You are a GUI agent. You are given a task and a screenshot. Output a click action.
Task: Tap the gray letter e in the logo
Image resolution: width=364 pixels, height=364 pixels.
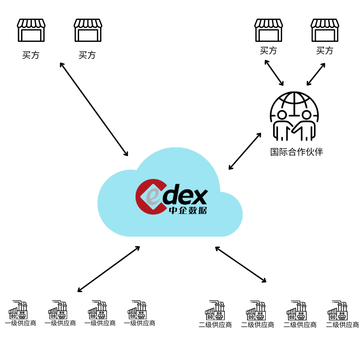(153, 197)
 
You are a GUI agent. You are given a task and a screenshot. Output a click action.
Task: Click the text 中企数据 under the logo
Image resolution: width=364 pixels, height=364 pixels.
(187, 211)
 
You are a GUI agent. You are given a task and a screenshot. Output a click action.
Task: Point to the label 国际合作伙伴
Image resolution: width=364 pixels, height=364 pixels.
(296, 152)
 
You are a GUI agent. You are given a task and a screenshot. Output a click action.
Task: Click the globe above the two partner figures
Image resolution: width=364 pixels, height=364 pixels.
(294, 101)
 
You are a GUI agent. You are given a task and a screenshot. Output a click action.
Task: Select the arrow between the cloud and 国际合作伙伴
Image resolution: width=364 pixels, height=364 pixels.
(245, 152)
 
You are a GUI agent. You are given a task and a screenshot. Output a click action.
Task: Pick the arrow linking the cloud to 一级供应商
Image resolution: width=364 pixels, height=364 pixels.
(109, 269)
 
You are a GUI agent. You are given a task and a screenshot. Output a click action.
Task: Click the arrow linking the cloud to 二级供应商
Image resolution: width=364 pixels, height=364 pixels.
(241, 264)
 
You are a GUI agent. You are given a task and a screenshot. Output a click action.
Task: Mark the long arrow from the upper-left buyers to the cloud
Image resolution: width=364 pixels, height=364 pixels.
(94, 109)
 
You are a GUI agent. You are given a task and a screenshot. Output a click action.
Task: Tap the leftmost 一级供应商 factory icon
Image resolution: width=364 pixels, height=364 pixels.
(19, 310)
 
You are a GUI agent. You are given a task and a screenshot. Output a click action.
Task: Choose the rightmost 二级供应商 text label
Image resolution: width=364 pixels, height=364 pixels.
(342, 325)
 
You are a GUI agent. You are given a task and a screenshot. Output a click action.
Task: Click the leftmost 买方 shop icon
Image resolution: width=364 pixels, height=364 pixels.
(31, 30)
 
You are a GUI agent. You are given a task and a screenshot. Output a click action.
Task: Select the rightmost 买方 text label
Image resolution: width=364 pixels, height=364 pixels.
(325, 51)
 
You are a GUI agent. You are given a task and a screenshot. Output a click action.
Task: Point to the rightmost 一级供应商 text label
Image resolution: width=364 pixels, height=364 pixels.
(140, 323)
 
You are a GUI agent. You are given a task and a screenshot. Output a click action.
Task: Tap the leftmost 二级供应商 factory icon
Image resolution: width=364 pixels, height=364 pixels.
(215, 310)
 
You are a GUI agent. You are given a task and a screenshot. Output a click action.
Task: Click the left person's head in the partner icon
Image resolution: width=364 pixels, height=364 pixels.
(282, 115)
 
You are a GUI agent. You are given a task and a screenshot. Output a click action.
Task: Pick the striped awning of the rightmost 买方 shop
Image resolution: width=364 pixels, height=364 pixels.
(325, 23)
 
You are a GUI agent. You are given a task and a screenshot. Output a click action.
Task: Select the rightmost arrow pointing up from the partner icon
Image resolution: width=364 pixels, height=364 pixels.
(316, 74)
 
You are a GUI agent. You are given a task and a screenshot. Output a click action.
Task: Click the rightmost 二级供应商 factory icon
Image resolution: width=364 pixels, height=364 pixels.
(338, 310)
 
